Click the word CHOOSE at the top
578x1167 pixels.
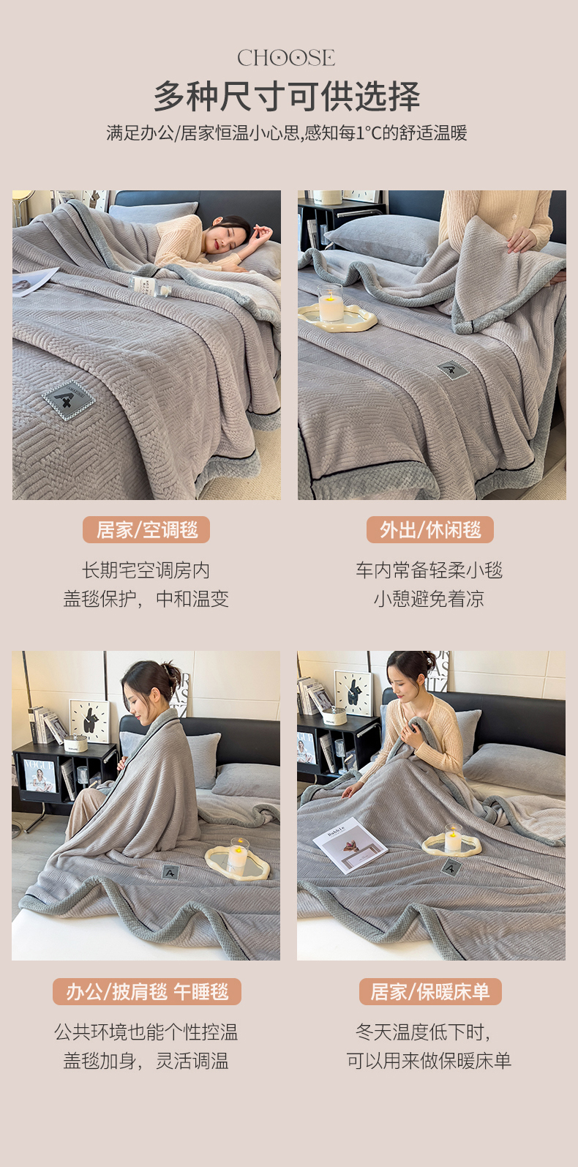tap(286, 58)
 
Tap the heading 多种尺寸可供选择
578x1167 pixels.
tap(287, 97)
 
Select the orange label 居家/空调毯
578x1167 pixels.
tap(146, 530)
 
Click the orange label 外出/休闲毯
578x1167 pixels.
tap(430, 530)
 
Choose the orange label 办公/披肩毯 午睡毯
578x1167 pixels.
tap(147, 991)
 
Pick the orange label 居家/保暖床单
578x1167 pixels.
tap(430, 991)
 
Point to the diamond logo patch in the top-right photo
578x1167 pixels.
tap(453, 370)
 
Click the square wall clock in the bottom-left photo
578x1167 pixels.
tap(89, 720)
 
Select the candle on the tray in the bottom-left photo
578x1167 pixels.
tap(239, 855)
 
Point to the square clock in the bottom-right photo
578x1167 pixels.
tap(353, 693)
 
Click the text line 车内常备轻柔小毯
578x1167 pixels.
tap(429, 570)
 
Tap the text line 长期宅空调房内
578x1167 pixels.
tap(146, 570)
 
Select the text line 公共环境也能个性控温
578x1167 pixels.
tap(146, 1032)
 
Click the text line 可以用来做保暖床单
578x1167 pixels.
tap(429, 1060)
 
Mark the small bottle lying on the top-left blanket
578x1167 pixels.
tap(151, 286)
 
